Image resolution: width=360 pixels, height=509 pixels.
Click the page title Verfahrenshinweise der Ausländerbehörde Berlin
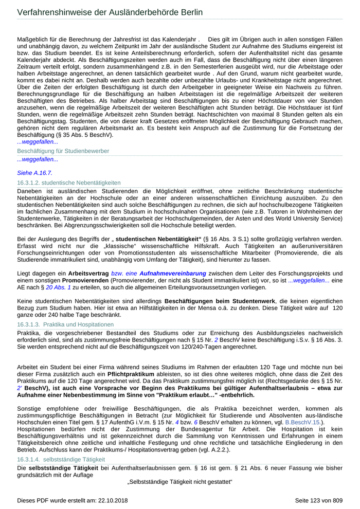click(x=110, y=12)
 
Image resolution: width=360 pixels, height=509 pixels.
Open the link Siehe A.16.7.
click(x=34, y=173)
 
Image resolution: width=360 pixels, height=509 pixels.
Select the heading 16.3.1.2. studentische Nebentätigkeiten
click(x=69, y=183)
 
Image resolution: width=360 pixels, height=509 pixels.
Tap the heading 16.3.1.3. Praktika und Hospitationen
click(x=65, y=324)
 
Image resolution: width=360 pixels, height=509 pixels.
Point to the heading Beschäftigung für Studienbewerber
click(x=63, y=151)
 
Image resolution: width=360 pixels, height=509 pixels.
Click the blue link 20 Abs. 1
click(x=59, y=280)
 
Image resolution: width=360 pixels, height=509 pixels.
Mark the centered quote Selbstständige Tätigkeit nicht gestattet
click(x=180, y=482)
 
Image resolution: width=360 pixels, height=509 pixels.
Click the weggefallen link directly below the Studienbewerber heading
click(x=38, y=159)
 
